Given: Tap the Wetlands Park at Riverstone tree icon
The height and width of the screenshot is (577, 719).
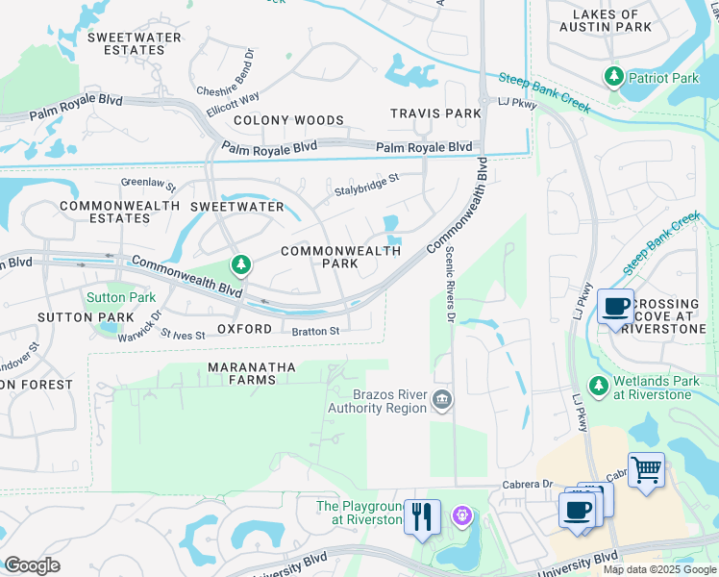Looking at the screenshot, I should pyautogui.click(x=597, y=386).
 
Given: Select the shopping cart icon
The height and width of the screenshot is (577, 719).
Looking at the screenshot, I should pyautogui.click(x=646, y=471).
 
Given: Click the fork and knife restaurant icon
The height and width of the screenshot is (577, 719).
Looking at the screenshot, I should pyautogui.click(x=421, y=516).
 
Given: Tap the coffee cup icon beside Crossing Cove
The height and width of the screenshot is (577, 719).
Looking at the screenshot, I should pyautogui.click(x=615, y=307).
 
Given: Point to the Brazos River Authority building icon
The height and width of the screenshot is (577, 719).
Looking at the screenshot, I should pyautogui.click(x=441, y=399).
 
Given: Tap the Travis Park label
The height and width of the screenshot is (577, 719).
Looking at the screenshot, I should pyautogui.click(x=435, y=113).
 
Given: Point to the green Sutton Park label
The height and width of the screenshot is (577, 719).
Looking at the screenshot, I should pyautogui.click(x=121, y=297).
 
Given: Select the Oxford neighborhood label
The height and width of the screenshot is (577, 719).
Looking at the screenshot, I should pyautogui.click(x=238, y=329).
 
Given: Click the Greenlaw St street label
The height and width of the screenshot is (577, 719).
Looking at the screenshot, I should pyautogui.click(x=148, y=183).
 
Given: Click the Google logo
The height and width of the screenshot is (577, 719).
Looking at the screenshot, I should pyautogui.click(x=32, y=565).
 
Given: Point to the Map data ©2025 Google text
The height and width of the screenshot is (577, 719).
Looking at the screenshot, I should pyautogui.click(x=658, y=569).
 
